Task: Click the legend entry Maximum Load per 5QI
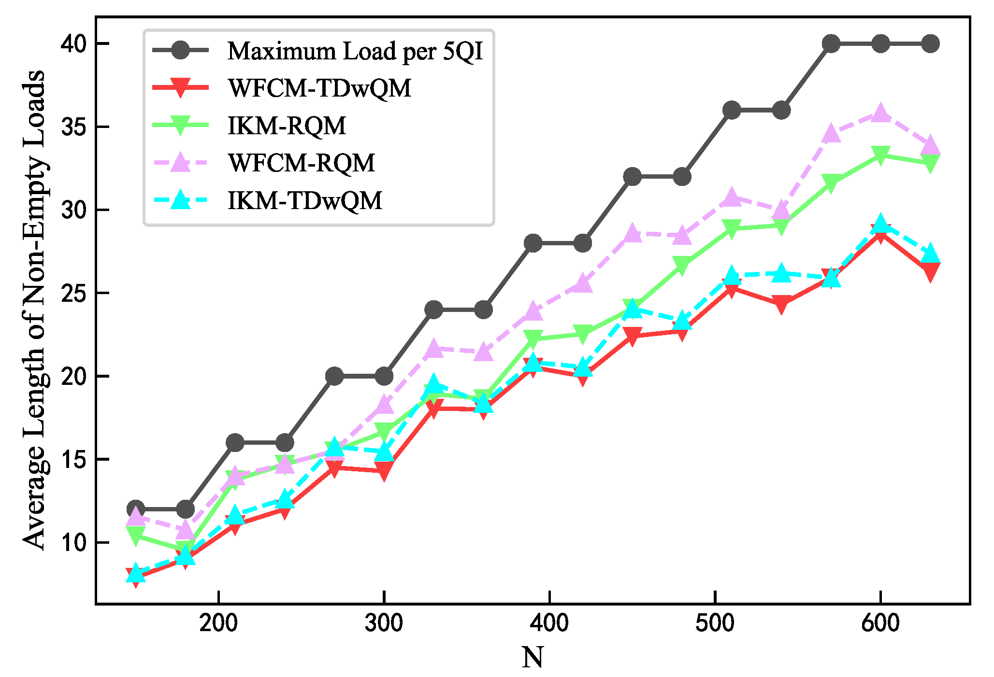click(355, 51)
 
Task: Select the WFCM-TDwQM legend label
click(319, 88)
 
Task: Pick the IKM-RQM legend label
click(287, 126)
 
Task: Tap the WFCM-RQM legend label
click(301, 163)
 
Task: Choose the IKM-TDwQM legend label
click(305, 200)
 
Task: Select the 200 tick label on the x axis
click(218, 623)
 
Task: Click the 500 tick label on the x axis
click(715, 623)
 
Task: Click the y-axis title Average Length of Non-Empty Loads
click(34, 309)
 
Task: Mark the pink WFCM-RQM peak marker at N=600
click(880, 113)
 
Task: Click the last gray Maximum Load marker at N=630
click(930, 44)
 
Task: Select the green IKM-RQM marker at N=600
click(880, 155)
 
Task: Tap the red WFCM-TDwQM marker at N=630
click(930, 271)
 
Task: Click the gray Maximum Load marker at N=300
click(384, 376)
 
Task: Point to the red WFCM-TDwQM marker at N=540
click(781, 304)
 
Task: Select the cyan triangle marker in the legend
click(181, 200)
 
